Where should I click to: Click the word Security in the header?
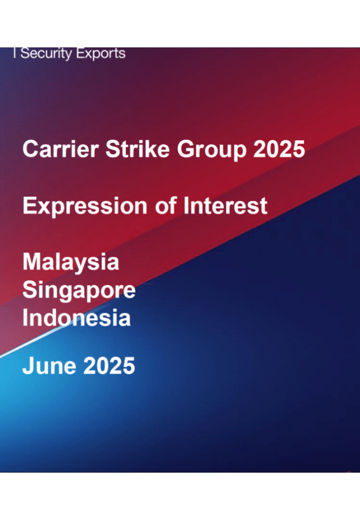click(47, 54)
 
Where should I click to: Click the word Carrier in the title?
click(52, 149)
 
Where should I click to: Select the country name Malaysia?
click(70, 263)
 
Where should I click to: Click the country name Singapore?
click(79, 291)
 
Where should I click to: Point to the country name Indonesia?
click(76, 318)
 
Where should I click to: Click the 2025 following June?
click(109, 366)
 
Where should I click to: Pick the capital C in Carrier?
click(29, 149)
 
